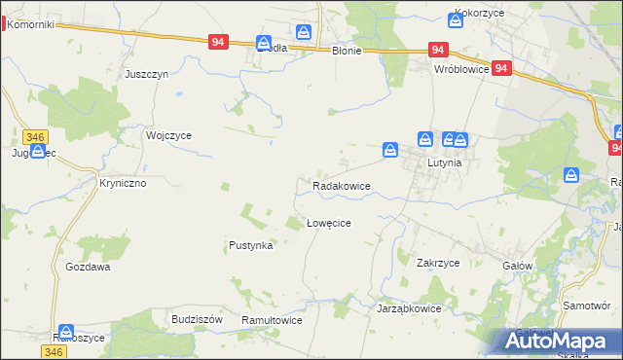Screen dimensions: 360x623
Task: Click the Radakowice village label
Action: click(x=341, y=185)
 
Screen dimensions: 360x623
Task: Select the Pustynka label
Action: click(x=250, y=246)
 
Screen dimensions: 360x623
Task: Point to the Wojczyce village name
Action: click(x=168, y=136)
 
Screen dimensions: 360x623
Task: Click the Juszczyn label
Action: click(x=148, y=74)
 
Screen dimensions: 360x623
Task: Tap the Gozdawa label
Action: click(x=88, y=267)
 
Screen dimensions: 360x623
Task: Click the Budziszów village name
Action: click(x=198, y=319)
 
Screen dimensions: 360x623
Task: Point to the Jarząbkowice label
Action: click(x=409, y=308)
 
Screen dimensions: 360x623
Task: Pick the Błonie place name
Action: click(x=347, y=52)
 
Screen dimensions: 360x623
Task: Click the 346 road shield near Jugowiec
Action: click(x=36, y=137)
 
